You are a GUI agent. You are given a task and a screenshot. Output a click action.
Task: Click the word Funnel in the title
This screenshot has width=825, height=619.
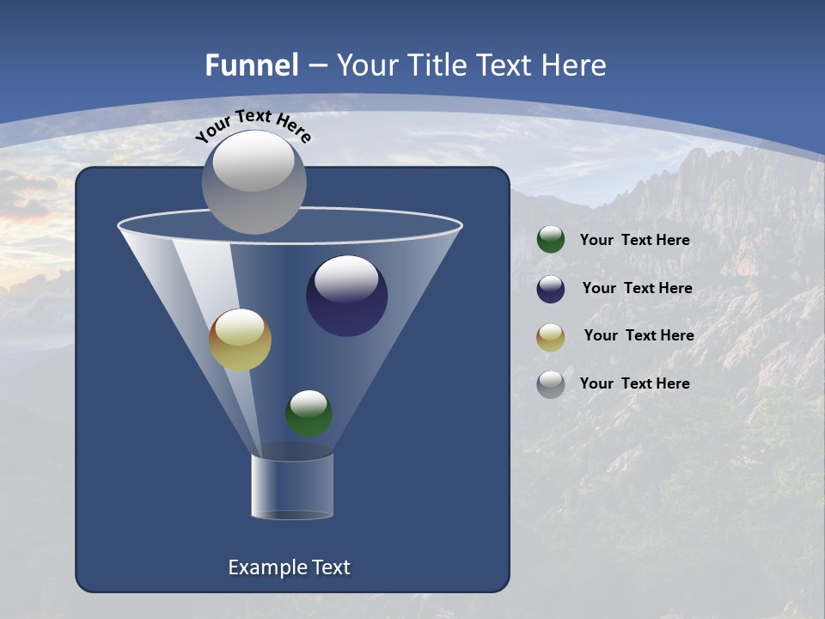(x=251, y=65)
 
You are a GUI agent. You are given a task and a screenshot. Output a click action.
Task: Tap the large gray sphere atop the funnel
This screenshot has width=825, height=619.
(x=254, y=182)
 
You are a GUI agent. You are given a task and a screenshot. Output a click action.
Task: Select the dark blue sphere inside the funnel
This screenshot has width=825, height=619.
(x=346, y=297)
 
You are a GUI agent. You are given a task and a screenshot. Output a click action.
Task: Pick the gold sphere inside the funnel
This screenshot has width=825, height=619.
(x=240, y=340)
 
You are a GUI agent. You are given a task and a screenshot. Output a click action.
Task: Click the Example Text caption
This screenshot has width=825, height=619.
(x=289, y=567)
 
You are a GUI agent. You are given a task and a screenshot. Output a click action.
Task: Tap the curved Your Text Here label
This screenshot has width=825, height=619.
(x=254, y=126)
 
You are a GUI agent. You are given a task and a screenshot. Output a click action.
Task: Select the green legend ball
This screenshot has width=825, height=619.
(x=551, y=240)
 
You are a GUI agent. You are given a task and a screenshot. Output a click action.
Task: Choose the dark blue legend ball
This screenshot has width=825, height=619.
(x=551, y=289)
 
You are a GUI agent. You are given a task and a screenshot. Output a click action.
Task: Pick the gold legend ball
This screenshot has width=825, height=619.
(x=551, y=337)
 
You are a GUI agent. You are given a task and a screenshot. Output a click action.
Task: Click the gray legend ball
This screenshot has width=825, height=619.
(x=551, y=384)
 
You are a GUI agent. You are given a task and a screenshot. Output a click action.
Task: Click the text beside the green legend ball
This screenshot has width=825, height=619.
(x=634, y=241)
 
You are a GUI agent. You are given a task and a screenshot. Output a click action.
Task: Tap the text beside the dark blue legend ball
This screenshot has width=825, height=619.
(x=637, y=289)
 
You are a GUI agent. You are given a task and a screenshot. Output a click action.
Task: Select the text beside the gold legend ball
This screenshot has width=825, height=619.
(x=639, y=336)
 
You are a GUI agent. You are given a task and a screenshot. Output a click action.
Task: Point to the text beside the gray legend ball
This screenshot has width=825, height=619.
(x=634, y=383)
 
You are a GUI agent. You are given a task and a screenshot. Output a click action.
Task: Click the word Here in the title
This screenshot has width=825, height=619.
(x=574, y=65)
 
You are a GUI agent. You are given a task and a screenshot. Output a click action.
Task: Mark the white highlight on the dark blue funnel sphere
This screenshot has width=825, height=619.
(x=346, y=279)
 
